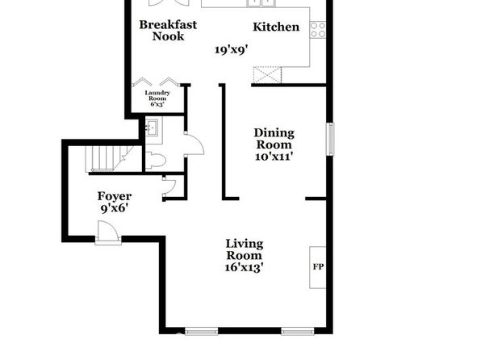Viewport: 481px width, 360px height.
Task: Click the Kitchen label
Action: click(276, 27)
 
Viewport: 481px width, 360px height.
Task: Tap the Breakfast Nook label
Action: click(168, 31)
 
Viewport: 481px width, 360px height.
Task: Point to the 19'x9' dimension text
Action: click(231, 50)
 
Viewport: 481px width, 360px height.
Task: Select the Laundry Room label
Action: click(157, 95)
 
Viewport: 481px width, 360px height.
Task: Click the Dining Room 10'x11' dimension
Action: click(274, 157)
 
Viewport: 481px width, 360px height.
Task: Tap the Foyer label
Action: click(115, 196)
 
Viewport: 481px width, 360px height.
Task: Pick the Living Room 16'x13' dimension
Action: click(245, 267)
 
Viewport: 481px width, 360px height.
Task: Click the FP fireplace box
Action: click(317, 267)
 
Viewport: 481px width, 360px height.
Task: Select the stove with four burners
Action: click(318, 30)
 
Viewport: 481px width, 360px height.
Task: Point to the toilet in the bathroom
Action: click(155, 160)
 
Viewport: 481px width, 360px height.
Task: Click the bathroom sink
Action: click(151, 128)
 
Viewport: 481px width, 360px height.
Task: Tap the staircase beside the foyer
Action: click(109, 159)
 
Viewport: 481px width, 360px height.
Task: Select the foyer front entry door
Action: click(108, 232)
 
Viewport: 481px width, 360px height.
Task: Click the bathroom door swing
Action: click(194, 144)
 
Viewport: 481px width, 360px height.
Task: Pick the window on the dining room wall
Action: click(330, 139)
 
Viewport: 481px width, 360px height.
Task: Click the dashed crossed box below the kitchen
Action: click(267, 74)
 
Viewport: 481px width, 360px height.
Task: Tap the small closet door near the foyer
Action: click(169, 186)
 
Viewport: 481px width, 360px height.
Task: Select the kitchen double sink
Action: click(261, 3)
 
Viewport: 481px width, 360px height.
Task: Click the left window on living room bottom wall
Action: click(201, 331)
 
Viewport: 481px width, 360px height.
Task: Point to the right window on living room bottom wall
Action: click(298, 331)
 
